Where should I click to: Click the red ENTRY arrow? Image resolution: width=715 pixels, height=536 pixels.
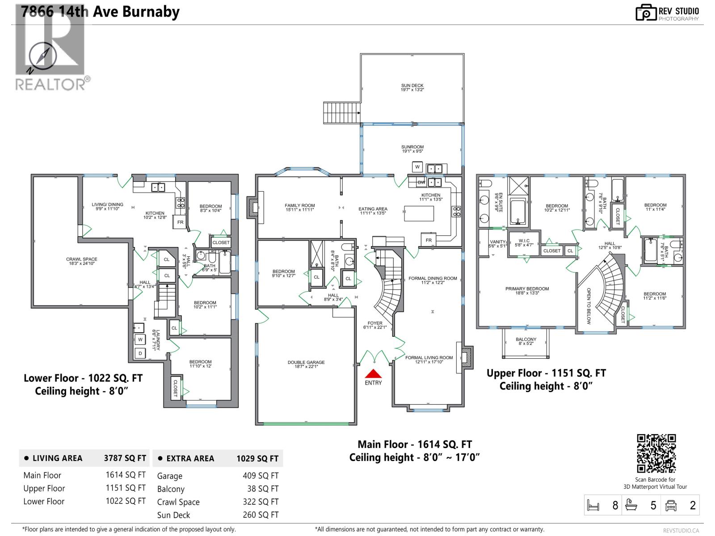[x=373, y=374]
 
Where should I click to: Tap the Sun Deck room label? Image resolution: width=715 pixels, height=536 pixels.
[x=412, y=88]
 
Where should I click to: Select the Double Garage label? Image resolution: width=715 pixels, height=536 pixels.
[x=306, y=364]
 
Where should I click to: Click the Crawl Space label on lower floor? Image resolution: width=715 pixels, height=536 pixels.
[x=82, y=261]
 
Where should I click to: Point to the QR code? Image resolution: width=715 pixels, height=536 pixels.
[x=656, y=453]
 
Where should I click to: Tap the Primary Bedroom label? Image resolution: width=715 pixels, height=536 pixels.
[x=527, y=291]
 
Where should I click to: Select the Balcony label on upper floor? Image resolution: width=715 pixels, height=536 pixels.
[x=526, y=341]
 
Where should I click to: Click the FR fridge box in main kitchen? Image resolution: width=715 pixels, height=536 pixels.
[x=429, y=240]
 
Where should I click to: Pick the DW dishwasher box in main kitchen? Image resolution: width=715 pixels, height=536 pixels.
[x=421, y=182]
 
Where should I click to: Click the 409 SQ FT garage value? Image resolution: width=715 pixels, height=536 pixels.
[x=260, y=476]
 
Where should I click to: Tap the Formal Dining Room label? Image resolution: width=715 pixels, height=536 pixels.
[x=433, y=280]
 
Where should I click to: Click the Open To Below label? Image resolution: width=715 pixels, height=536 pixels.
[x=589, y=306]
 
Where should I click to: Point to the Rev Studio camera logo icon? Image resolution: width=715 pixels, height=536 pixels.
[x=646, y=13]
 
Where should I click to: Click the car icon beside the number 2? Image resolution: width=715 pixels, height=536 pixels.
[x=671, y=505]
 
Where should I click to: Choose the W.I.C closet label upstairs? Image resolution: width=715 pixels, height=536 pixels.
[x=524, y=243]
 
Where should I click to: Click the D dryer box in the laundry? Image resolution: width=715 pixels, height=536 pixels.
[x=140, y=353]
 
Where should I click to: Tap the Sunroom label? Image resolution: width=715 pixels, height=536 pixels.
[x=412, y=149]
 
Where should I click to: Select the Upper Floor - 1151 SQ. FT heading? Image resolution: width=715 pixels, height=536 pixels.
[x=546, y=373]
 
